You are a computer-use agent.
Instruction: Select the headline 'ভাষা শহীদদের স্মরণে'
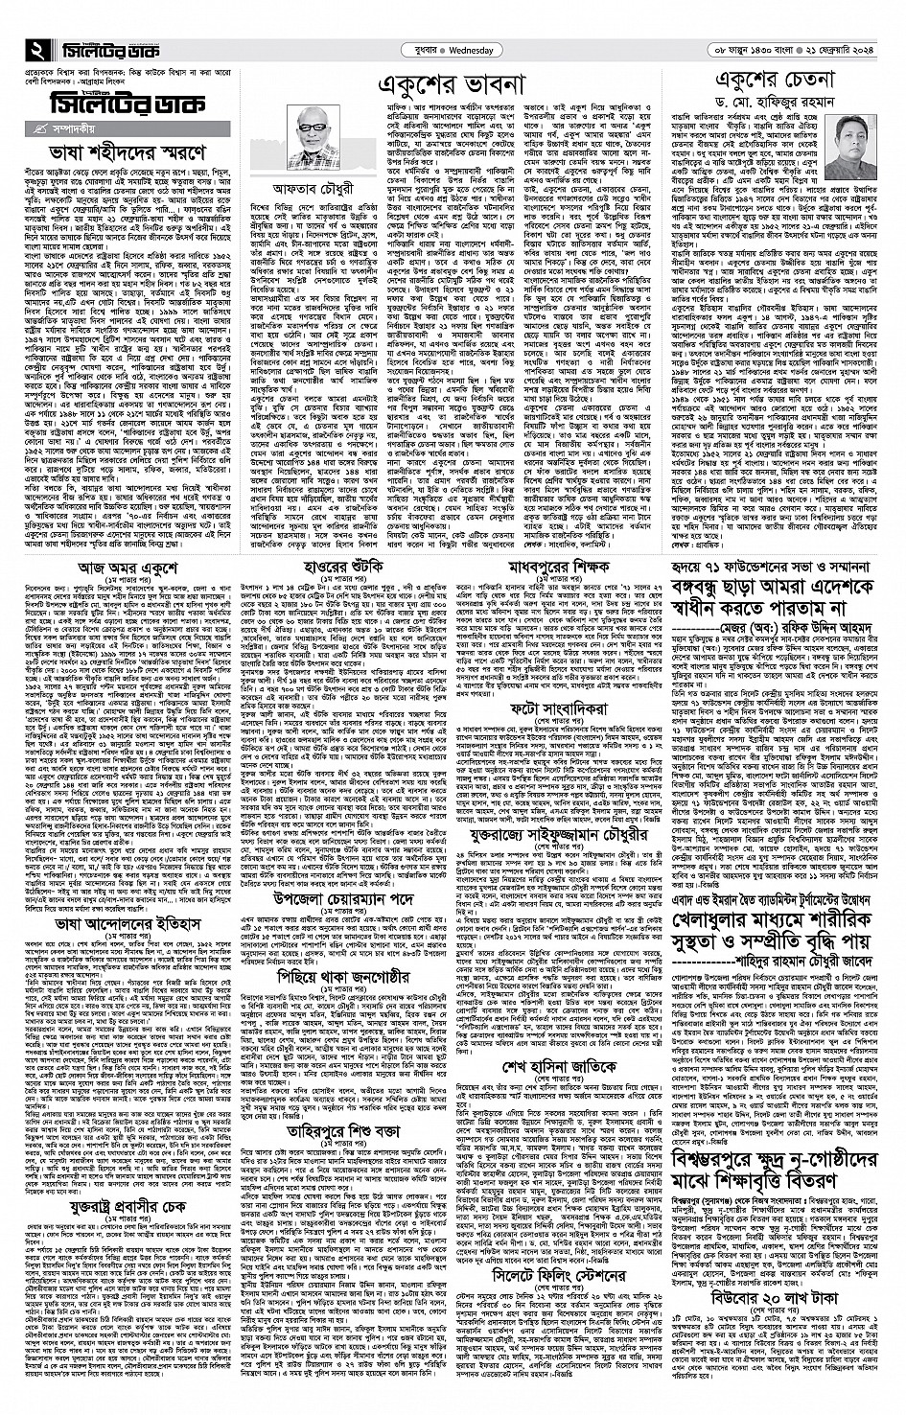click(125, 152)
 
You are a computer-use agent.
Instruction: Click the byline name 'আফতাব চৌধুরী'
click(314, 187)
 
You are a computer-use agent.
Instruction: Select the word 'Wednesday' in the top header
click(468, 50)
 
